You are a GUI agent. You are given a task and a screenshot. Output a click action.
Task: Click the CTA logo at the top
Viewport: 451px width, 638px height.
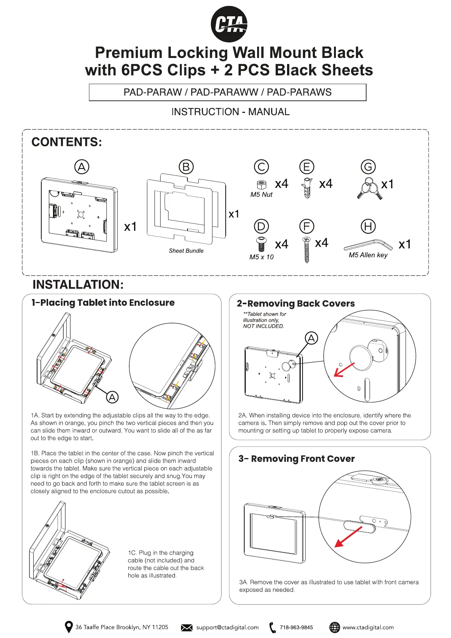[229, 24]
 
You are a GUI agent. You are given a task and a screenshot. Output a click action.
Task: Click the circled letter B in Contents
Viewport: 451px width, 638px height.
[186, 167]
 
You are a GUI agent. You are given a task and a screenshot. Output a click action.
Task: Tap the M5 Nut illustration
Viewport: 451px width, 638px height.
[261, 185]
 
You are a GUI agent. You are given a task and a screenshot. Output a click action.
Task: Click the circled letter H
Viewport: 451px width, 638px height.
[368, 226]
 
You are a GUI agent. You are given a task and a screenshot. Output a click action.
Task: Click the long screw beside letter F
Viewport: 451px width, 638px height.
[307, 249]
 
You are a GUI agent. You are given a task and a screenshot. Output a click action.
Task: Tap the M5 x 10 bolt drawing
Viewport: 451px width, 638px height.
[261, 244]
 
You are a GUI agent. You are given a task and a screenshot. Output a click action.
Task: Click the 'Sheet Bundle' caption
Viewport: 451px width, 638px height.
[186, 251]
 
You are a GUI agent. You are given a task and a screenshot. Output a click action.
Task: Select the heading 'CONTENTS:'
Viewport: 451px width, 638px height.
[67, 142]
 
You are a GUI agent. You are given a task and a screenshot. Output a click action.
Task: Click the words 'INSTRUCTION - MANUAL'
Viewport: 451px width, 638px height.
[230, 112]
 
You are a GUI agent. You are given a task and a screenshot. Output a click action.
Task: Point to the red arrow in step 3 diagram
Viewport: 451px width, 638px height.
[348, 537]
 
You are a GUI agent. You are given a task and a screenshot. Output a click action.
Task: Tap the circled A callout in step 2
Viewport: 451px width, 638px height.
[311, 338]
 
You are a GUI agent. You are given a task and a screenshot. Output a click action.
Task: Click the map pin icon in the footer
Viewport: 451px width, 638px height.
[69, 627]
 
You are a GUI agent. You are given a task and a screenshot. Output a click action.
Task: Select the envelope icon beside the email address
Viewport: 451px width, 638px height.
[187, 628]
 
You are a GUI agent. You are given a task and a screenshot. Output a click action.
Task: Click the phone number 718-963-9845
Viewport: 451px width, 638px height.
[296, 627]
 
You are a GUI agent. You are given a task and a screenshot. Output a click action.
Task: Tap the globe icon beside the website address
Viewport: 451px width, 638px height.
[335, 627]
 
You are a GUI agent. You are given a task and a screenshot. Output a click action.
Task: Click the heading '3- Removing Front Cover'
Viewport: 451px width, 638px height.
[297, 459]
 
